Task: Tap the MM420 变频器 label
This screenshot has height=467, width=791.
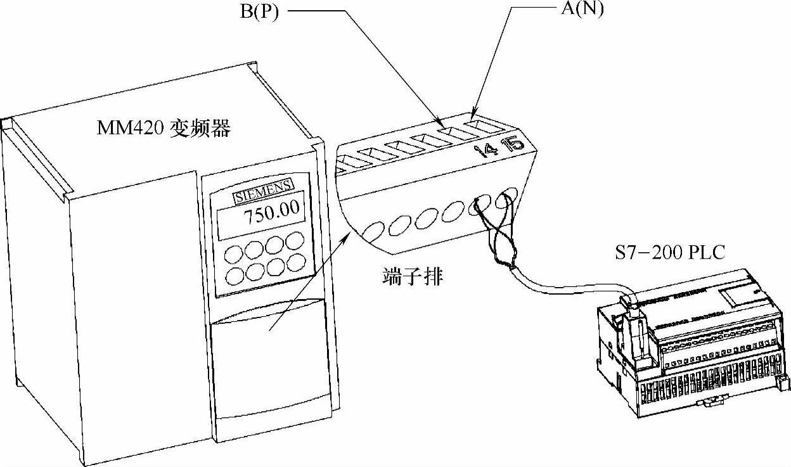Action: (164, 129)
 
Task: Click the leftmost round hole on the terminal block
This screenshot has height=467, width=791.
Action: (375, 230)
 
